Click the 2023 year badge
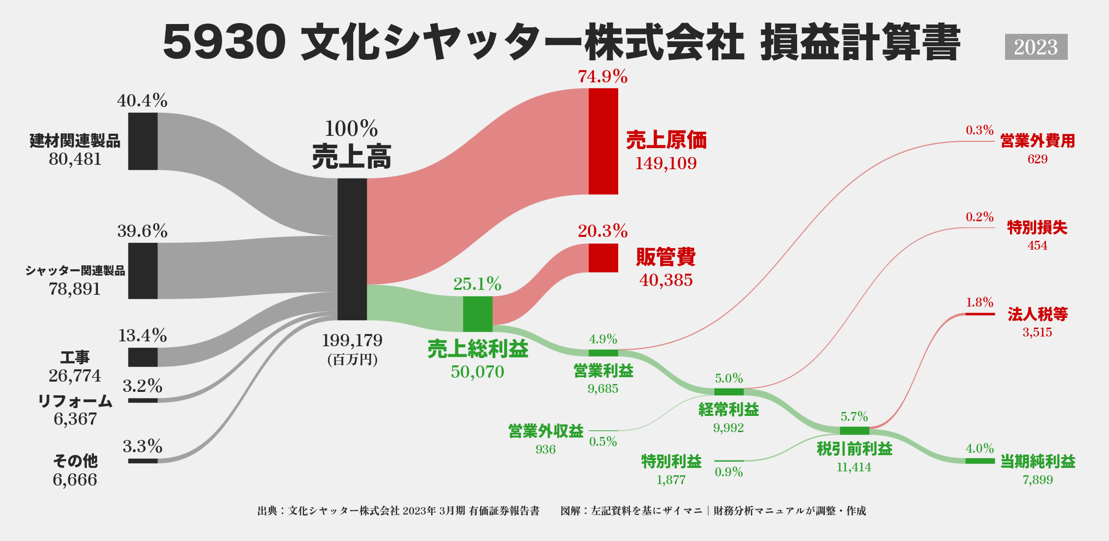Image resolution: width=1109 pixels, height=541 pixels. (1036, 47)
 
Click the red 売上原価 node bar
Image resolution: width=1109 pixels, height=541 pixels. (603, 141)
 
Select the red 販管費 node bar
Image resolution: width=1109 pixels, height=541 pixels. (603, 258)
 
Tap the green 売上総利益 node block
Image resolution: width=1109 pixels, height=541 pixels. (478, 314)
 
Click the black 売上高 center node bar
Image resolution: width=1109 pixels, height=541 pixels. (352, 249)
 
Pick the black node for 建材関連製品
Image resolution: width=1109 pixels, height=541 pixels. (143, 141)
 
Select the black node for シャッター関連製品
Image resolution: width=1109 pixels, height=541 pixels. (143, 271)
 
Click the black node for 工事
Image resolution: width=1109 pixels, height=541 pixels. (143, 357)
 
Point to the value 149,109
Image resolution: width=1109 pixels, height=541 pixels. (666, 163)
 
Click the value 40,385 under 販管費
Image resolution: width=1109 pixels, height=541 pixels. (666, 280)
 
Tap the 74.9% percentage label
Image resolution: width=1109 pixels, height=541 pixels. (602, 77)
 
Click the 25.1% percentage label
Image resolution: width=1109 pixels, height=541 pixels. (477, 284)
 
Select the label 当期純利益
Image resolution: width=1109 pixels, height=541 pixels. (1038, 462)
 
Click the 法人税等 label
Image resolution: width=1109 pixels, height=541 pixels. (1038, 314)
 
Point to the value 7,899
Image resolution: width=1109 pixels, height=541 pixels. (1037, 480)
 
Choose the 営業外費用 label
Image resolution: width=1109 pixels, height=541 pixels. (1038, 141)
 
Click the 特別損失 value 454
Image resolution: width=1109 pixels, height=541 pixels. (1037, 246)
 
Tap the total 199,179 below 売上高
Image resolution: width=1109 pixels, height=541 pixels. (352, 340)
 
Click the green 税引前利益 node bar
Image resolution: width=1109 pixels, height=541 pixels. (854, 431)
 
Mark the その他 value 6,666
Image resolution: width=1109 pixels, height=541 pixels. (75, 480)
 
